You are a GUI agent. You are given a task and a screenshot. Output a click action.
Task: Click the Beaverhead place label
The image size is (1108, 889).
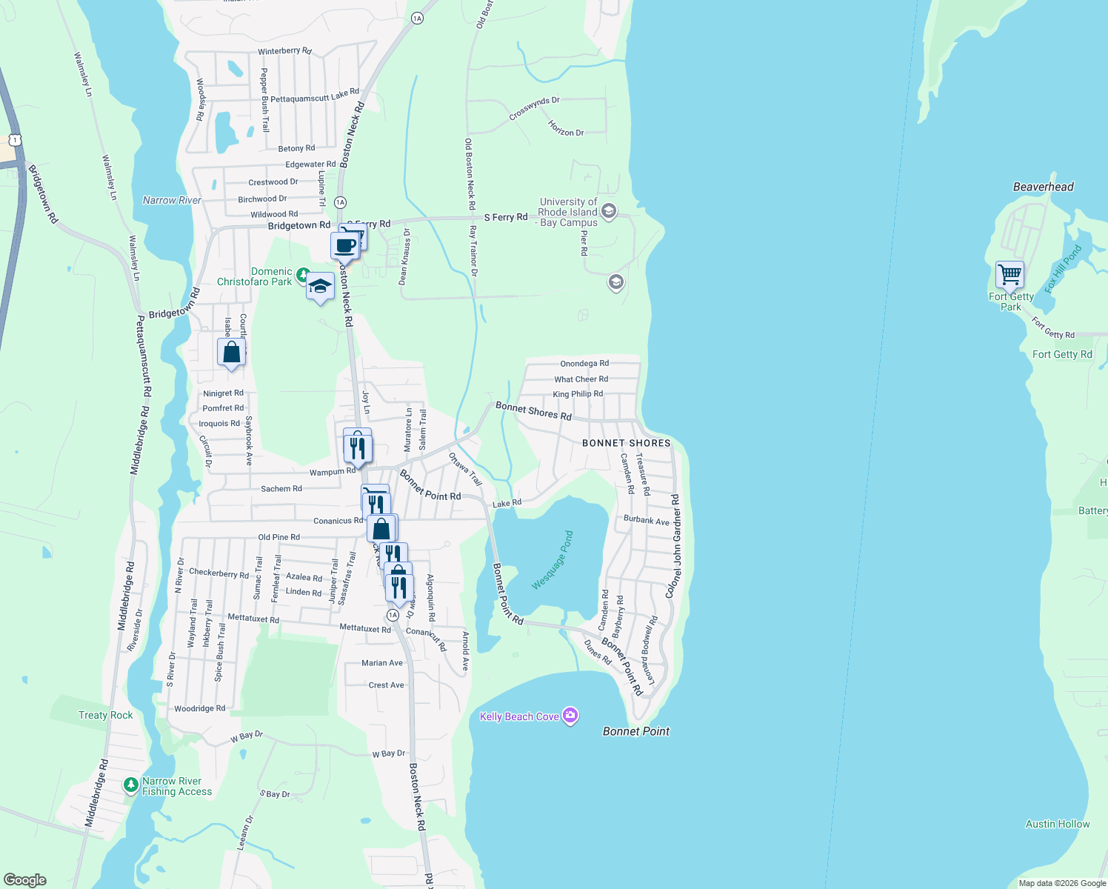pyautogui.click(x=1043, y=187)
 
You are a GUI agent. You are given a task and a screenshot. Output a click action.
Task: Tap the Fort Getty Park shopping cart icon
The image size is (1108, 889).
pyautogui.click(x=1009, y=275)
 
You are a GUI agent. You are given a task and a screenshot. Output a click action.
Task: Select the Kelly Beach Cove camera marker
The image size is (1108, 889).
pyautogui.click(x=570, y=716)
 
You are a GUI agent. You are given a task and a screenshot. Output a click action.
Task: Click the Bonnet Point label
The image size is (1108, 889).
pyautogui.click(x=635, y=731)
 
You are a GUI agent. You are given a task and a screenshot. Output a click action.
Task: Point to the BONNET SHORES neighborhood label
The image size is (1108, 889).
pyautogui.click(x=626, y=443)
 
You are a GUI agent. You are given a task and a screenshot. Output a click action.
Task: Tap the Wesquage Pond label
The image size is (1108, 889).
pyautogui.click(x=553, y=560)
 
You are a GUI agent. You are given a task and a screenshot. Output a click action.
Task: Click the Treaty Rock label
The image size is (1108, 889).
pyautogui.click(x=106, y=715)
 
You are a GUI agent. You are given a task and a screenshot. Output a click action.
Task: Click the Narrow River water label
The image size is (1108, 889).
pyautogui.click(x=172, y=200)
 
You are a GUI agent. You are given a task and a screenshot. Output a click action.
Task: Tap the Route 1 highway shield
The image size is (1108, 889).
pyautogui.click(x=15, y=139)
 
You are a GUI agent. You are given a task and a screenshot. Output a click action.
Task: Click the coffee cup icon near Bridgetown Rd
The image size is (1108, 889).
pyautogui.click(x=344, y=245)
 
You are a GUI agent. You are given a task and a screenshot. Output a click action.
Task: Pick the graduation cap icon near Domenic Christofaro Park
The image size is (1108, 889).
pyautogui.click(x=320, y=287)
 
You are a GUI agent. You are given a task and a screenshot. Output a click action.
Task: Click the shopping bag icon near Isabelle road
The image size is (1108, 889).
pyautogui.click(x=231, y=352)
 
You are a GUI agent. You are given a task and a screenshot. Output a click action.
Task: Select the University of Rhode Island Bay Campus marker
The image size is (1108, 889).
pyautogui.click(x=609, y=212)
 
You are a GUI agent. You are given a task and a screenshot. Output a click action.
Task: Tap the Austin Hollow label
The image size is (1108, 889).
pyautogui.click(x=1057, y=824)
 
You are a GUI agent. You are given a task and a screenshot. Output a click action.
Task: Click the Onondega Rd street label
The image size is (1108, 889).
pyautogui.click(x=584, y=364)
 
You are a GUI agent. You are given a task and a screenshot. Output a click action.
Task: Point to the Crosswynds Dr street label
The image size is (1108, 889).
pyautogui.click(x=534, y=109)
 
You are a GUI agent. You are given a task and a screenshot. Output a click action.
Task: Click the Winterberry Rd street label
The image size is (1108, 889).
pyautogui.click(x=284, y=51)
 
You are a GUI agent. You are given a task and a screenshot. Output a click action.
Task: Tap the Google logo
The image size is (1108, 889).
pyautogui.click(x=25, y=880)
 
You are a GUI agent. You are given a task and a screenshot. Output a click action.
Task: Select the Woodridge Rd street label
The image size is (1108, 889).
pyautogui.click(x=199, y=709)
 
